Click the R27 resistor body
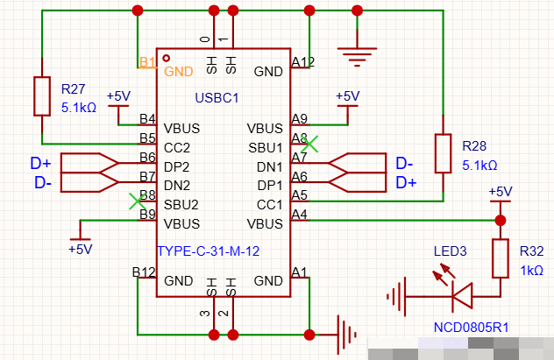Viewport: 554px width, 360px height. click(x=42, y=96)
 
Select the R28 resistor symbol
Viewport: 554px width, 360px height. click(x=443, y=153)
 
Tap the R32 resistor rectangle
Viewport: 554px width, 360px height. click(x=501, y=258)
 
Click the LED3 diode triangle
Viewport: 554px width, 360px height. click(x=462, y=296)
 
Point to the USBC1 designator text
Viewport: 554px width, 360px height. click(x=217, y=98)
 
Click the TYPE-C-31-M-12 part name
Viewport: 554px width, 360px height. click(x=209, y=251)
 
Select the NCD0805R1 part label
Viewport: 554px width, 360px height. click(x=472, y=328)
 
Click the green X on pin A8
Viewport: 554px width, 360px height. click(x=310, y=144)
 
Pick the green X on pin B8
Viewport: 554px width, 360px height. click(x=137, y=201)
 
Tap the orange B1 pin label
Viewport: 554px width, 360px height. click(x=147, y=62)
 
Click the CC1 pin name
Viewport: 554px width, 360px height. click(x=270, y=205)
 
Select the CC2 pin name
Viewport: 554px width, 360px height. click(x=177, y=147)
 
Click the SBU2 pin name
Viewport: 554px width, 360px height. click(x=181, y=205)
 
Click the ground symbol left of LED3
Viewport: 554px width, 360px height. click(x=396, y=296)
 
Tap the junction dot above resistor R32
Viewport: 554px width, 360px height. click(x=501, y=221)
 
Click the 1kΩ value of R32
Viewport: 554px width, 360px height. click(x=532, y=271)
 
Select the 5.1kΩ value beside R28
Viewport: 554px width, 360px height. click(x=479, y=166)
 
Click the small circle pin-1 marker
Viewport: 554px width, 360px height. click(x=166, y=58)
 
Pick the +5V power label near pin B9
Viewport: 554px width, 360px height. click(x=80, y=249)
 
